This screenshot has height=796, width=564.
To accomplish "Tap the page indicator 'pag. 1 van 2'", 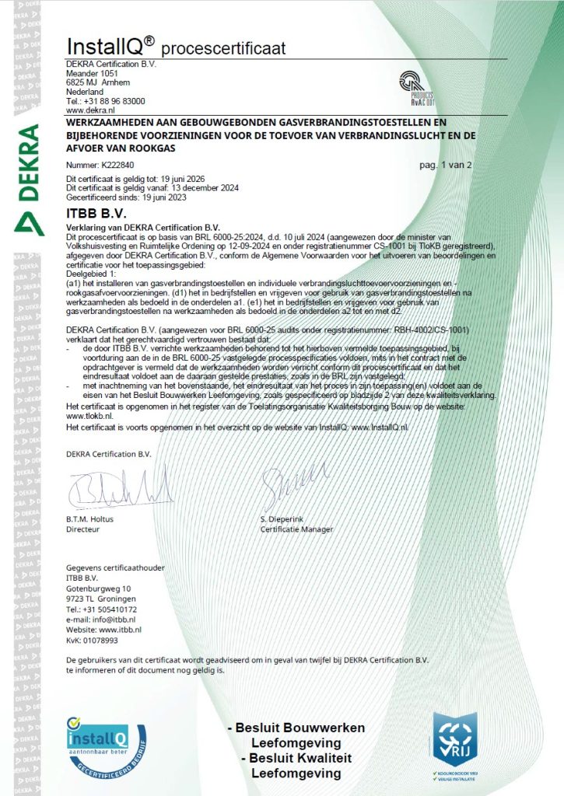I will click(x=445, y=166).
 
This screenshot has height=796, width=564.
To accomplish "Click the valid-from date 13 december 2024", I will click(x=205, y=188).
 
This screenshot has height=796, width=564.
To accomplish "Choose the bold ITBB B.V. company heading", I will click(x=96, y=211).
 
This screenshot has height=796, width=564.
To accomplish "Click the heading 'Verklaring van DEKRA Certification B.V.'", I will click(x=142, y=225).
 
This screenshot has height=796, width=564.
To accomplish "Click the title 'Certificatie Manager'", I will click(x=296, y=529).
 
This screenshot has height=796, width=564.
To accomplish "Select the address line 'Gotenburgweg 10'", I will click(x=99, y=588).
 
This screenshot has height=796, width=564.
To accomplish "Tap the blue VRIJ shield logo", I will click(x=455, y=738).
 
